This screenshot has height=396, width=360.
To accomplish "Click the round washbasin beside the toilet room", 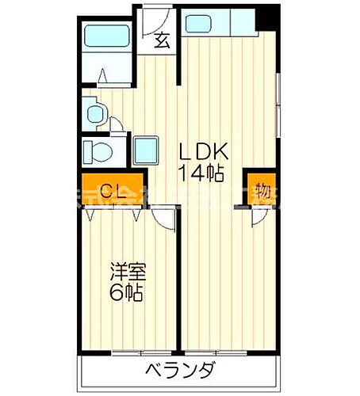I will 94,112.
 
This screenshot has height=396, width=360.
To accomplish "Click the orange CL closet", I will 112,191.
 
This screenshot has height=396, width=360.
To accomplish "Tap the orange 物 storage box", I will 261,190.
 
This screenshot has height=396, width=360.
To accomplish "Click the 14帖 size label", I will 204,175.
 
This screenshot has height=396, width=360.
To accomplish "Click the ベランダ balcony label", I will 179,371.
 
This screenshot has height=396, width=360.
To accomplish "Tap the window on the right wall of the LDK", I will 279,95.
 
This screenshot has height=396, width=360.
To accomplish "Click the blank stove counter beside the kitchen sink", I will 241,24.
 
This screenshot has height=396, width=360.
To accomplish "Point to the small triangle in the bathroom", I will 104,76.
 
